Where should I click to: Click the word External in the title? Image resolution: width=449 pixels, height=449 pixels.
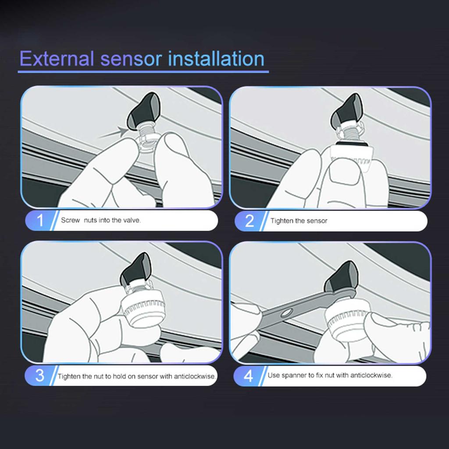[x=57, y=59]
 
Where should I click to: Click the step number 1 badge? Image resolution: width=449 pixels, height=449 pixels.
[x=40, y=220]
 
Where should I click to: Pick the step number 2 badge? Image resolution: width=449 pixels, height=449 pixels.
[x=249, y=221]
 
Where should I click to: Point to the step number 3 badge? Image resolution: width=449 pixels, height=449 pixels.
[x=40, y=375]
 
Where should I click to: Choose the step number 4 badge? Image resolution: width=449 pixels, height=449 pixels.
[x=248, y=376]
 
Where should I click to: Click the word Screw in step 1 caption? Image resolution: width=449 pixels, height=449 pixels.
[x=70, y=220]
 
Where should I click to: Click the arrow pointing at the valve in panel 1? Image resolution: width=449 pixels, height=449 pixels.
[x=114, y=133]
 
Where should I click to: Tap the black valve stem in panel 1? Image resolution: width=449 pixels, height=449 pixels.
[x=144, y=111]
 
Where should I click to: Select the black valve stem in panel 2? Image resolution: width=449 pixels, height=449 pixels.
[x=346, y=112]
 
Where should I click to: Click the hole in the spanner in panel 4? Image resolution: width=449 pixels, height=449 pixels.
[x=286, y=313]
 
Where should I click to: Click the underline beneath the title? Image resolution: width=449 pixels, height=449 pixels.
[x=143, y=71]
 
